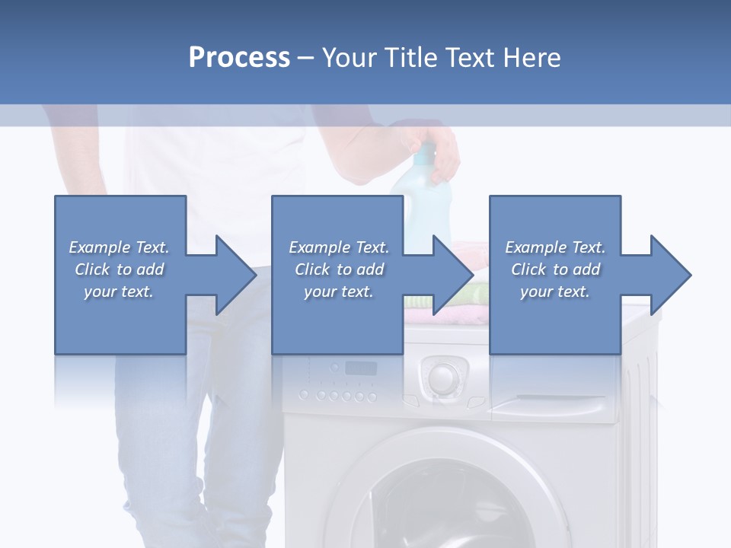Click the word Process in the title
point(239,58)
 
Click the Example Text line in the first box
point(119,247)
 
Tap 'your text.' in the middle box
point(338,292)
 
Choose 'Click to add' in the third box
point(555,269)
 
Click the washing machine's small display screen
point(361,368)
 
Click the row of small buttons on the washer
point(337,396)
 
